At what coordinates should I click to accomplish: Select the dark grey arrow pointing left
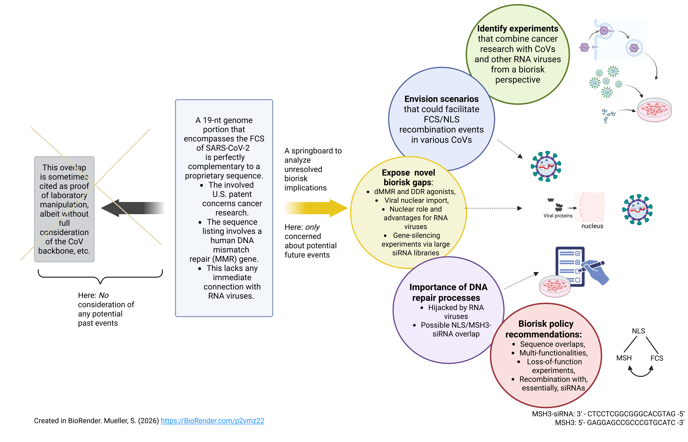133,208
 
